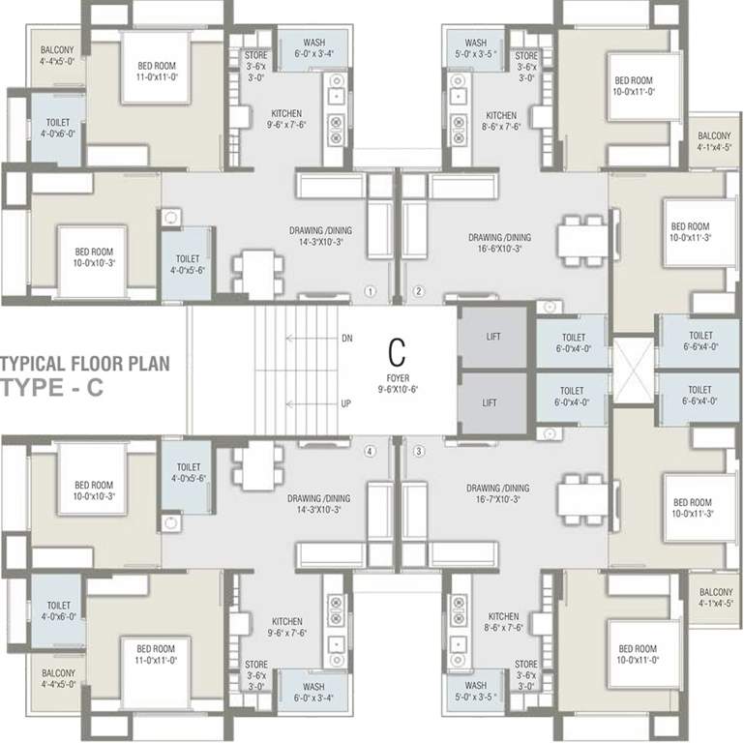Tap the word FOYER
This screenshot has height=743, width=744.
(396, 378)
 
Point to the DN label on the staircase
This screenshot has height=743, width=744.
(347, 339)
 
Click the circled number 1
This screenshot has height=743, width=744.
(370, 290)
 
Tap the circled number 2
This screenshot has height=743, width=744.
(419, 290)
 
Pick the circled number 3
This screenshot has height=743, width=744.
(419, 451)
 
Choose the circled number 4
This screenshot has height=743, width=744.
(370, 451)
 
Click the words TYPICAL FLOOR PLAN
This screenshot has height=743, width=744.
(84, 365)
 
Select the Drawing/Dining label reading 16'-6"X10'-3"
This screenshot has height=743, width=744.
(499, 242)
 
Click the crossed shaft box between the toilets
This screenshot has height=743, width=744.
(633, 370)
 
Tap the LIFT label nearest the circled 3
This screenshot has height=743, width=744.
(492, 399)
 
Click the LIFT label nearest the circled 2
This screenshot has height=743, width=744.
(492, 337)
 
